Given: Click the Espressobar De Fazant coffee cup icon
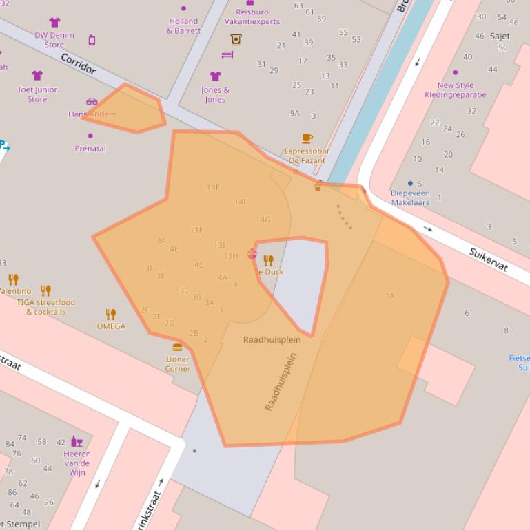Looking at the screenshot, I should click(x=307, y=139).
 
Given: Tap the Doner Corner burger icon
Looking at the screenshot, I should click(x=177, y=348).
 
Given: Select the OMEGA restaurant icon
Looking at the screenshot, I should click(x=110, y=314).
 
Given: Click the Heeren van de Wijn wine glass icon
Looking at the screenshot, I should click(x=77, y=441).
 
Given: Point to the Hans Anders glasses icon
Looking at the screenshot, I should click(x=92, y=103).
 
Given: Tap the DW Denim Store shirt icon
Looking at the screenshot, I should click(x=54, y=23).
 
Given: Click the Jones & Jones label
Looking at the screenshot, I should click(x=215, y=94).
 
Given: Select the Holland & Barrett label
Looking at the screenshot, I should click(x=183, y=26).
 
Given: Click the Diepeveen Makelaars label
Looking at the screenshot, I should click(x=410, y=198).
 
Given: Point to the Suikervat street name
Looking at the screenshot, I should click(x=488, y=259).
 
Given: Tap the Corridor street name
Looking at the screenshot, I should click(x=79, y=63).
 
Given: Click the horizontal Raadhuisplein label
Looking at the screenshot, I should click(x=272, y=340).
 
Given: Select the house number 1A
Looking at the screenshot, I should click(x=389, y=296).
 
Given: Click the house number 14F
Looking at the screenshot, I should click(x=213, y=187).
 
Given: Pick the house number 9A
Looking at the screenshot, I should click(x=295, y=113).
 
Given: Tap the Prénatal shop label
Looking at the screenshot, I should click(x=90, y=148).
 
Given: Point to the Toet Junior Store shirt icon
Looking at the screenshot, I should click(x=37, y=76).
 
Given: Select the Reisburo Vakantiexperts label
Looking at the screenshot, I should click(x=252, y=17).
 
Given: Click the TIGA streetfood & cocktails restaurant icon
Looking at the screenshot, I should click(x=45, y=290).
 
